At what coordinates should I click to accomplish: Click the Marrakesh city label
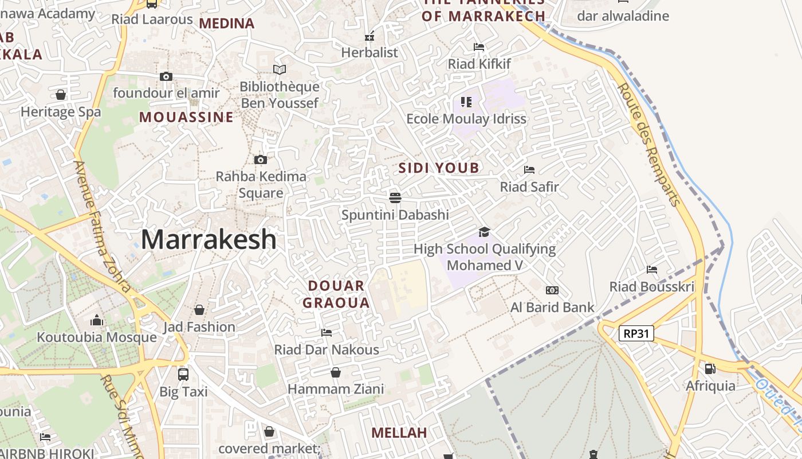[x=209, y=239]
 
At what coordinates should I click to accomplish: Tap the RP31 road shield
[x=636, y=333]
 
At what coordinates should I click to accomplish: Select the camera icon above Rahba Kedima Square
[x=261, y=160]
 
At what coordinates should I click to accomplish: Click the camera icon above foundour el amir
[x=166, y=76]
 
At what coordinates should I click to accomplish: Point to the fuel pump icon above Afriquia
[x=710, y=369]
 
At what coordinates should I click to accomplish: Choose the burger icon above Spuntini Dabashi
[x=395, y=198]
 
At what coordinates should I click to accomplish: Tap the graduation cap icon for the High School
[x=484, y=232]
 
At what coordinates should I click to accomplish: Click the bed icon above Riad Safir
[x=529, y=170]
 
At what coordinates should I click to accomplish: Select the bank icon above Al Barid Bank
[x=552, y=290]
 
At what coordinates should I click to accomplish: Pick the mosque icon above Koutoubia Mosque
[x=97, y=320]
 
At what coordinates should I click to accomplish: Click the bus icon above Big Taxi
[x=183, y=374]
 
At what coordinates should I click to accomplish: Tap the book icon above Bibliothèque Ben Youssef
[x=279, y=69]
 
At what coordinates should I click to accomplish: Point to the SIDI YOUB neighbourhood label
[x=438, y=168]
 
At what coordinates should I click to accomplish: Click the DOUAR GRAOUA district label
[x=336, y=294]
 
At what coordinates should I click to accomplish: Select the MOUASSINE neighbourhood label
[x=186, y=118]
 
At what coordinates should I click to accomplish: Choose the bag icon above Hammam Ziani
[x=336, y=372]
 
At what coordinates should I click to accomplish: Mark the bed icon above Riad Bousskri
[x=651, y=270]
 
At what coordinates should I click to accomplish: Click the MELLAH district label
[x=399, y=433]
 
